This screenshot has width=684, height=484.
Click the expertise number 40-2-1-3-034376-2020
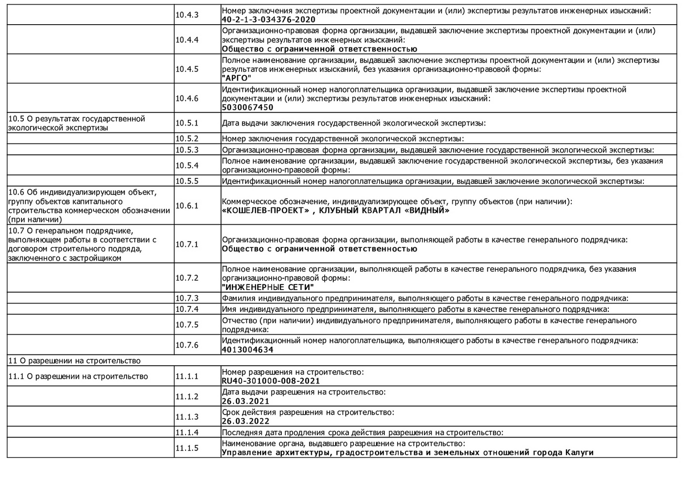(x=269, y=20)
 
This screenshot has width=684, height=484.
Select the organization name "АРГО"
(x=237, y=78)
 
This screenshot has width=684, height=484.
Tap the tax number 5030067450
(x=248, y=107)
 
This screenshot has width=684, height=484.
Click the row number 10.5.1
(x=187, y=123)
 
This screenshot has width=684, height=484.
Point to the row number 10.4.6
(x=187, y=98)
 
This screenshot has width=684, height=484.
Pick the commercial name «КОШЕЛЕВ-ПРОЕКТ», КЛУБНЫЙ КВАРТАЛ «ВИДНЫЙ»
(x=336, y=210)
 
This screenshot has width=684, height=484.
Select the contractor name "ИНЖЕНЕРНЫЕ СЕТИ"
(x=268, y=287)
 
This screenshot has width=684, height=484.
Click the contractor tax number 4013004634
(x=248, y=350)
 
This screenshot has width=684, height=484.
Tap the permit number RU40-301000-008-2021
(x=271, y=381)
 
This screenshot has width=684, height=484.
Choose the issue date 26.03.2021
(x=245, y=401)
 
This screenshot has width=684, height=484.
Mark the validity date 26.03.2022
(x=245, y=421)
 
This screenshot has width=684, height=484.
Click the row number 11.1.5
(x=187, y=448)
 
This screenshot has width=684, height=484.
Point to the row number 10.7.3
(x=187, y=298)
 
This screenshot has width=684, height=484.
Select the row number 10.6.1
(x=187, y=206)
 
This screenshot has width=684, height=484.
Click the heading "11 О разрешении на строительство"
(x=75, y=361)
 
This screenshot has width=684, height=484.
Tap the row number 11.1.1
(x=187, y=376)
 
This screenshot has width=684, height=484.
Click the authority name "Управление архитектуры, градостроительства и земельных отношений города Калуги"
(x=408, y=452)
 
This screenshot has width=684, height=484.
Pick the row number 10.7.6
(x=187, y=345)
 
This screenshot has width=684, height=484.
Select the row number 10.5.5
(x=187, y=181)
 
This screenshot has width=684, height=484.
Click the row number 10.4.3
(x=187, y=15)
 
